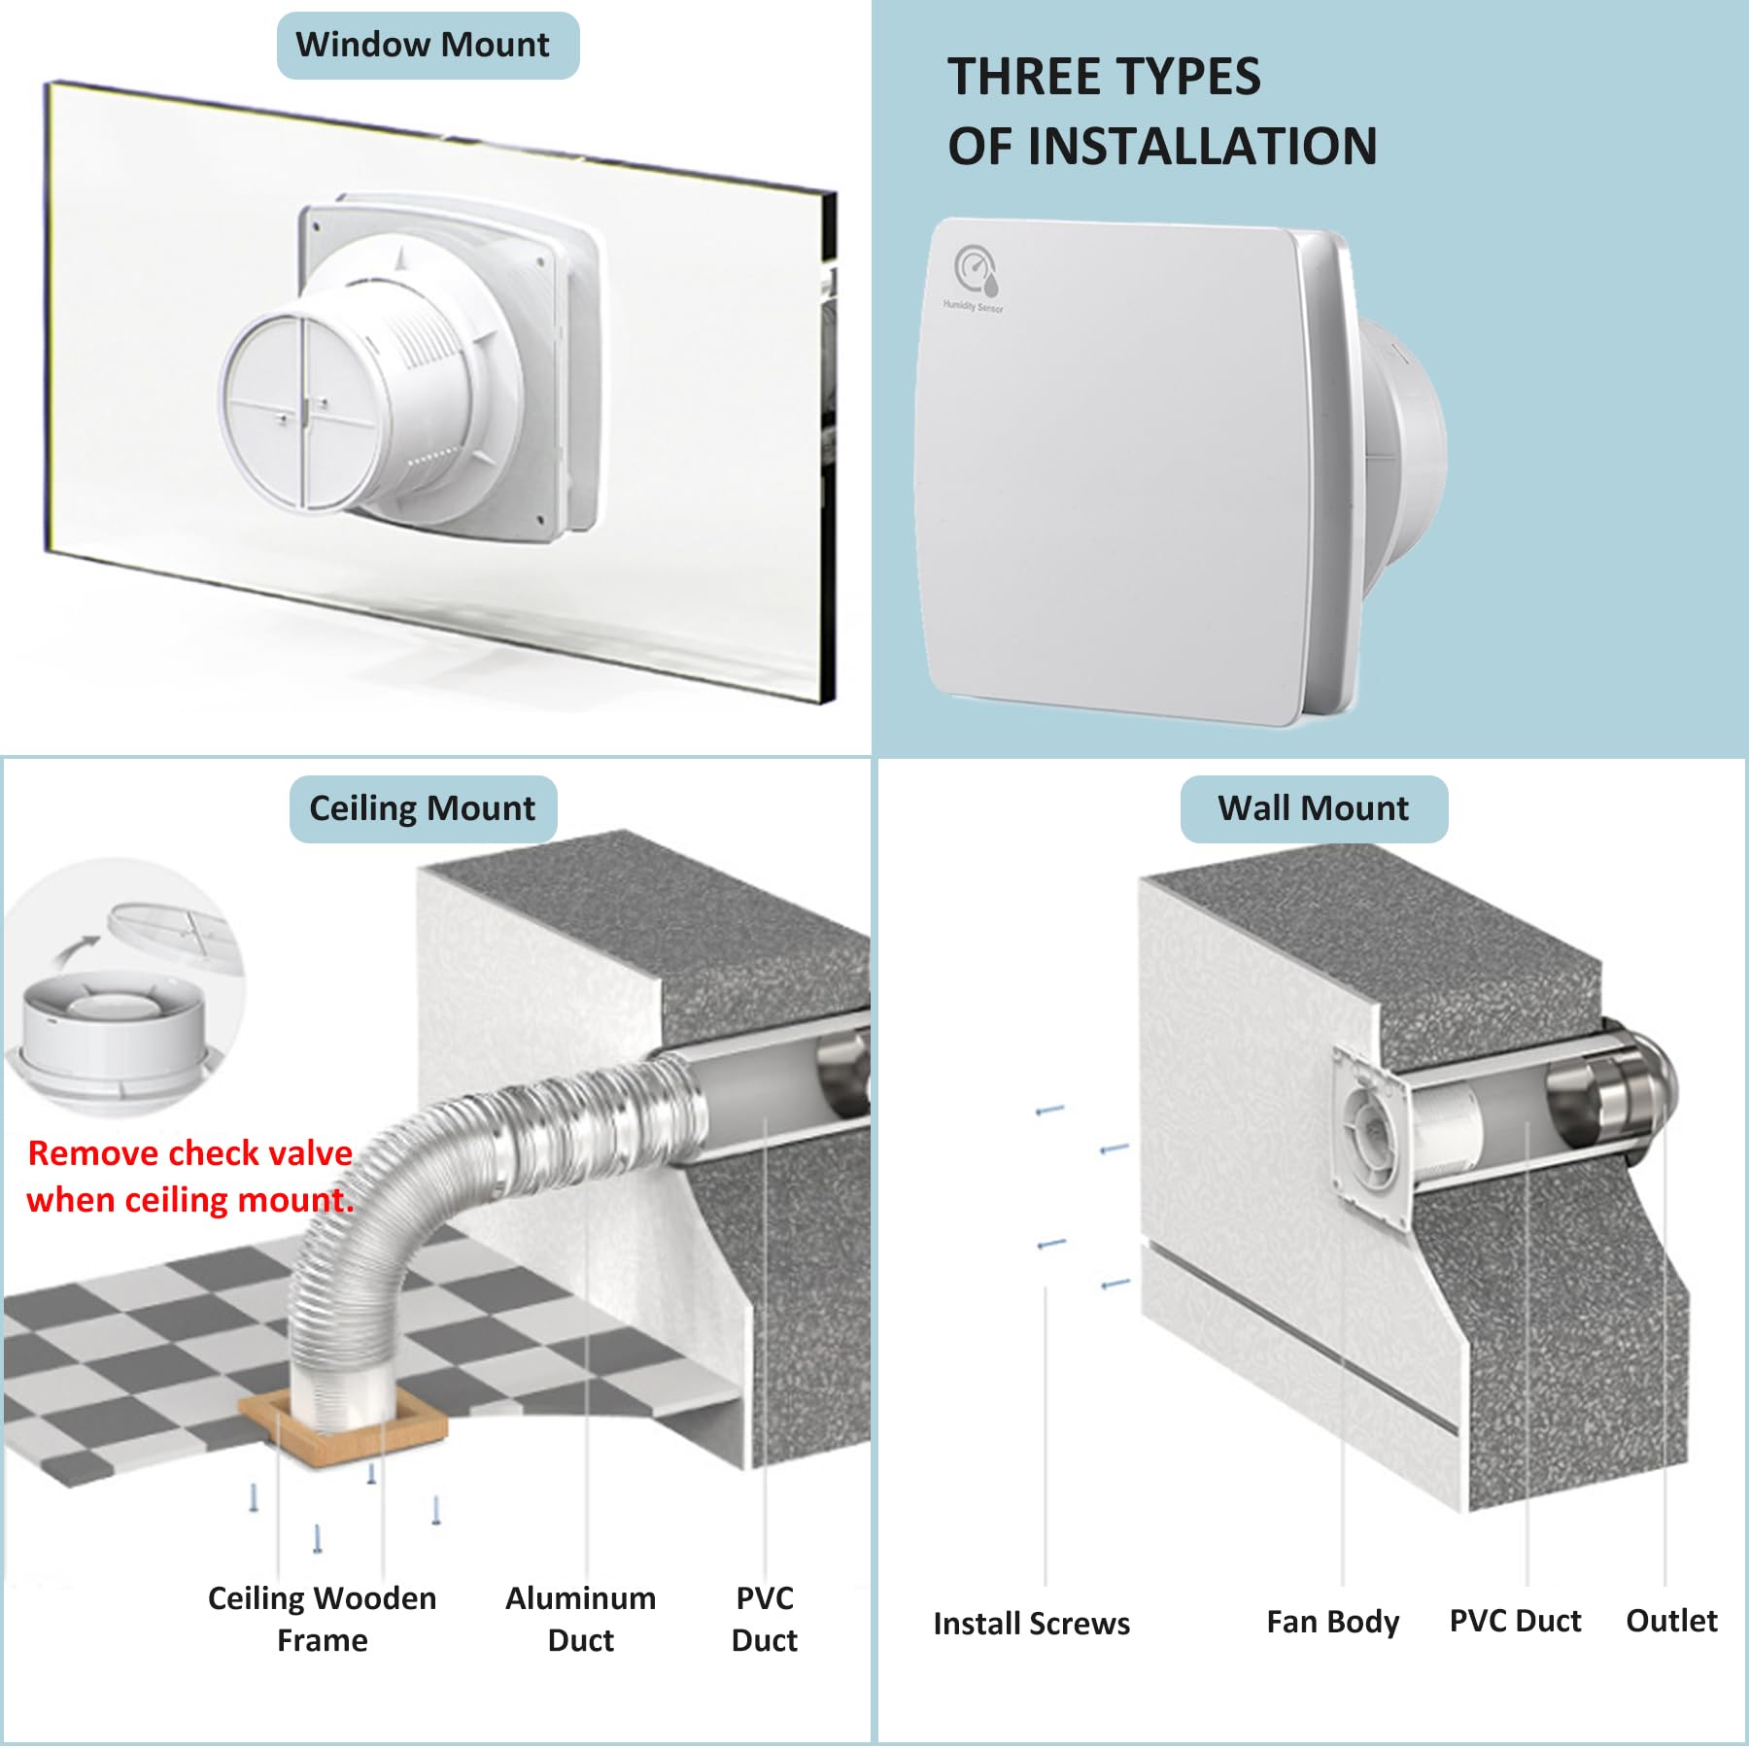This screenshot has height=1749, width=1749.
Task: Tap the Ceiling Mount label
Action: click(423, 808)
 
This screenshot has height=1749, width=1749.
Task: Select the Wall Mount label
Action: click(1314, 808)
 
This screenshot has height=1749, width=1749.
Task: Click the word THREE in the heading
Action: click(1034, 77)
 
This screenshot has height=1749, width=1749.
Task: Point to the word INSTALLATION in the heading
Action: click(1203, 147)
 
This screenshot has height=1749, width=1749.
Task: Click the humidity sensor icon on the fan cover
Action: click(976, 269)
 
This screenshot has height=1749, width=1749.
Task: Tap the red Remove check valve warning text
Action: click(190, 1176)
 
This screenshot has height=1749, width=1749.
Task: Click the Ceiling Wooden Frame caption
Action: click(323, 1619)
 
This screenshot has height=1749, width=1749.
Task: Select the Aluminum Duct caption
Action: click(581, 1619)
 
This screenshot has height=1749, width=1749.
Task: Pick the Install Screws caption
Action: click(1032, 1624)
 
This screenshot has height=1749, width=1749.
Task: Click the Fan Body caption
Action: click(1333, 1622)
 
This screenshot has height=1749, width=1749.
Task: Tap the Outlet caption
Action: click(1672, 1621)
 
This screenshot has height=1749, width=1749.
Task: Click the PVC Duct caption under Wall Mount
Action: click(1516, 1621)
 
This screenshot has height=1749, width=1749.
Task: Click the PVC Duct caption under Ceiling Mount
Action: click(765, 1619)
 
